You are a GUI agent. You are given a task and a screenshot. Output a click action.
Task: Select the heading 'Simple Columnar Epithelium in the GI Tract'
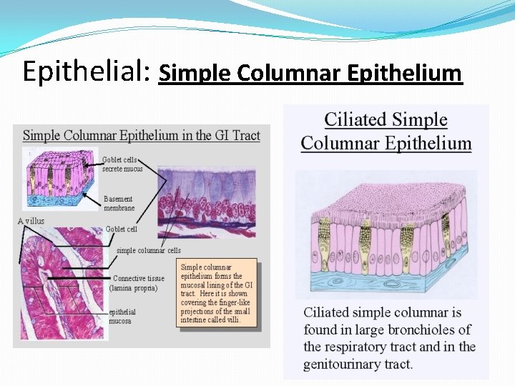pos(142,135)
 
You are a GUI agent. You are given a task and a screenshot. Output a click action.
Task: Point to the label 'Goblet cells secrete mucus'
pos(122,164)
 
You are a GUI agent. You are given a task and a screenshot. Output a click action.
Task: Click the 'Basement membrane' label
pos(119,204)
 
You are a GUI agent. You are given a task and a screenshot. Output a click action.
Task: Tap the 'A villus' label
pos(31,222)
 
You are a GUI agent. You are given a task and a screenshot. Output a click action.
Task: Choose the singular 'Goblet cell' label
pos(122,229)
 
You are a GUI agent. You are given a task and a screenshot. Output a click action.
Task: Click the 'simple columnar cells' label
pos(149,251)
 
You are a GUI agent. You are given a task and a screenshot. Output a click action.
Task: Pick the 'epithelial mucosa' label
pos(122,317)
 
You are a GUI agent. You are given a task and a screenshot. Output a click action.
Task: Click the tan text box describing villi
pos(217,294)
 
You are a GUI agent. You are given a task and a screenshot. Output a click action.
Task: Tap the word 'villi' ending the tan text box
pos(231,320)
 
